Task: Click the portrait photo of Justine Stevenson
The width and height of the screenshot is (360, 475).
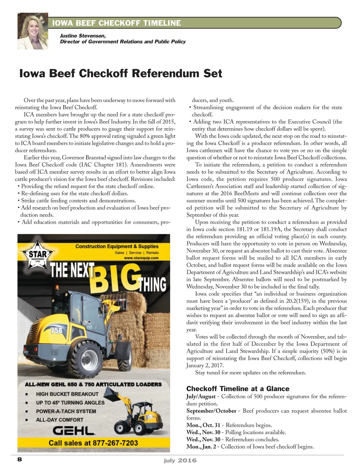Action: click(x=33, y=31)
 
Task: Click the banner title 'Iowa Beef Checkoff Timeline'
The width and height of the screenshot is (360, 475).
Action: click(x=116, y=23)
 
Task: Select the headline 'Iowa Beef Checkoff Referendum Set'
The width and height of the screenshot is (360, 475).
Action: click(x=121, y=73)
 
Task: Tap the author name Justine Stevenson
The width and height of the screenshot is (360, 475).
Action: click(x=83, y=36)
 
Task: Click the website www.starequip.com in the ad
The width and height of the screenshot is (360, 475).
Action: click(x=141, y=258)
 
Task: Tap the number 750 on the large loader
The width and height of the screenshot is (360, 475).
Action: click(x=57, y=330)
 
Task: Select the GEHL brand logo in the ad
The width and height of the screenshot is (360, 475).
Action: click(x=73, y=431)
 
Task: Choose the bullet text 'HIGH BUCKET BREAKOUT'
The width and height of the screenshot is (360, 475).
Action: click(x=67, y=394)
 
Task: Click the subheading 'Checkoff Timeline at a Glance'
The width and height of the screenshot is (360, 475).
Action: click(x=238, y=389)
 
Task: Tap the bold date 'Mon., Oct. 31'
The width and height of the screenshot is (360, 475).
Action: click(x=203, y=425)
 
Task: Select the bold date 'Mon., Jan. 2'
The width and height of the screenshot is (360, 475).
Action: click(x=201, y=446)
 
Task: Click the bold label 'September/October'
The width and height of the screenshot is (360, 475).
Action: click(x=211, y=411)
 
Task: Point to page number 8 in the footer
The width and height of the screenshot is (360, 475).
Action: click(x=19, y=459)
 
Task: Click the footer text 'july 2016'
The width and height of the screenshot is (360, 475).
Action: click(x=180, y=460)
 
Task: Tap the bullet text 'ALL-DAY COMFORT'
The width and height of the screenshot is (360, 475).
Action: click(x=59, y=420)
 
